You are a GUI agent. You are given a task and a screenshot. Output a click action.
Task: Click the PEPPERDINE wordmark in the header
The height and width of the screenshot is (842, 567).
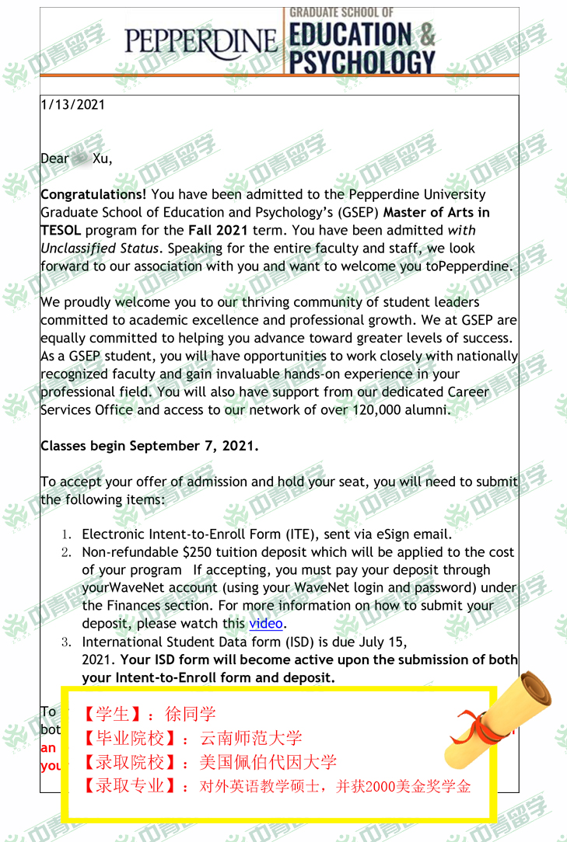coord(201,40)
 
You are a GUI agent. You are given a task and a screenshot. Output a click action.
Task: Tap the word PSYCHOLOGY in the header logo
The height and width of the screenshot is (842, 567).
coord(362,61)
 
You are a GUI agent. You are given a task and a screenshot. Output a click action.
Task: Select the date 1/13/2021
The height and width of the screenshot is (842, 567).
coord(72,105)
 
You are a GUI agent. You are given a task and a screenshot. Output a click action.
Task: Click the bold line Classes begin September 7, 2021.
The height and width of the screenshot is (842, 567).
coord(149,446)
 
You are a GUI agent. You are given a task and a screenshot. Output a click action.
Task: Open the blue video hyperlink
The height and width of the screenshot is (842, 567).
coord(265,624)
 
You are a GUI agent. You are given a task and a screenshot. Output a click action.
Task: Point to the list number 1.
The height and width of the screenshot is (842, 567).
coord(67,534)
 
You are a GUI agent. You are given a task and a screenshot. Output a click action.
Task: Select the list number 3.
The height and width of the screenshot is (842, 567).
coord(67,642)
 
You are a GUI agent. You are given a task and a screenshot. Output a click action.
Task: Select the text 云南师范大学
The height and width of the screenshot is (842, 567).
coord(250,738)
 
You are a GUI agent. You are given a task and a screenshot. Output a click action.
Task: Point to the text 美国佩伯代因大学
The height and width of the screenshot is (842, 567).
coord(268,762)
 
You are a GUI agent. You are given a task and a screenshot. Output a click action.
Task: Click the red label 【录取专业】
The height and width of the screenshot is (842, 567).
coord(129,785)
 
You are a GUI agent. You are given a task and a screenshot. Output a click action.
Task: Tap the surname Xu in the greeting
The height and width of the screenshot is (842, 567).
coord(102,158)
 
